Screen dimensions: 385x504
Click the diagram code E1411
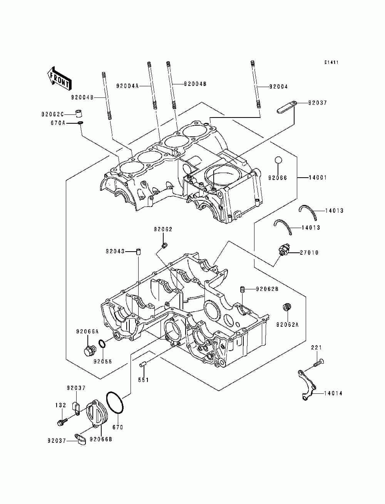[x=331, y=62]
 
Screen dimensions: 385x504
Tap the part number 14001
[x=318, y=178]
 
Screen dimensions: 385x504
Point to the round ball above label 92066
[x=278, y=160]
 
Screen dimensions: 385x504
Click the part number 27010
[x=309, y=252]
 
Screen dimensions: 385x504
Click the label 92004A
[x=127, y=86]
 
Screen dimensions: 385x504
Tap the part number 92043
[x=115, y=252]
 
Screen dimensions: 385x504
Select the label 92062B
[x=268, y=289]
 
